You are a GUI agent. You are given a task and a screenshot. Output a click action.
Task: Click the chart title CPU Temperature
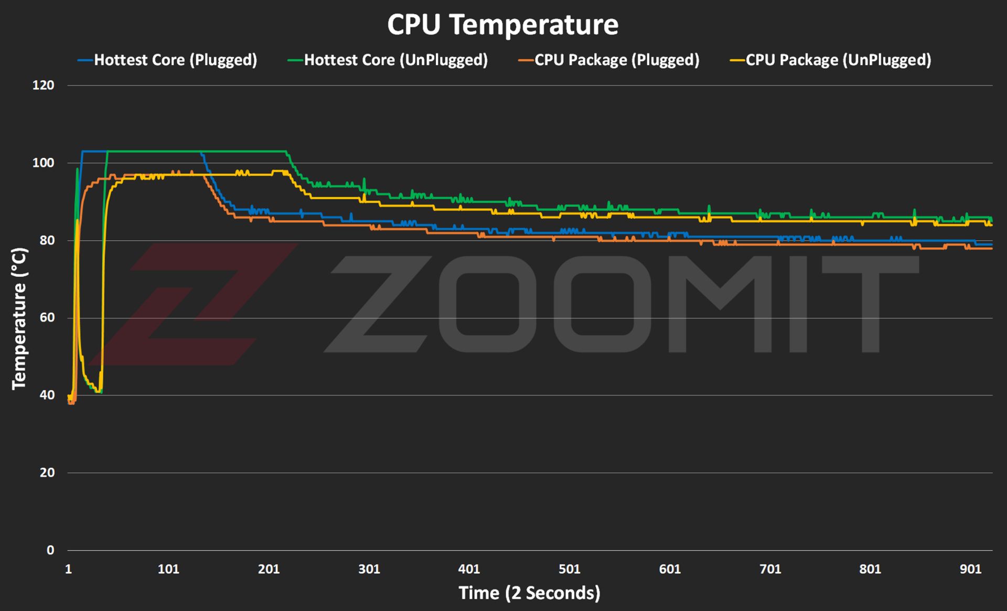(502, 25)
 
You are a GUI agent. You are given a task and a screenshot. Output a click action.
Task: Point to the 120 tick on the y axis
(43, 85)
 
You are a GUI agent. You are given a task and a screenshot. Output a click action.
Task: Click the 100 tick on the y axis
(43, 163)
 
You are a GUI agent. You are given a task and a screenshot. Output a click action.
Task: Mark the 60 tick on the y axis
(47, 318)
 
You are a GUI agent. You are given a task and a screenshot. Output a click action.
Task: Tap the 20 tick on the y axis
(47, 473)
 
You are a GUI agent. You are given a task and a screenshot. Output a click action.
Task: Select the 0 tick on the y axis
(50, 550)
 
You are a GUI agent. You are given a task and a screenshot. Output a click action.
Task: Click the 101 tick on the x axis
(168, 569)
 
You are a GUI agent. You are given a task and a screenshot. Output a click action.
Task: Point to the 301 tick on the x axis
(369, 569)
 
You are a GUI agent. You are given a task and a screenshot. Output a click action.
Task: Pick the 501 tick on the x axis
(569, 569)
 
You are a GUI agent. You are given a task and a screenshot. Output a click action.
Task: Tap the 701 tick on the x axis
(770, 569)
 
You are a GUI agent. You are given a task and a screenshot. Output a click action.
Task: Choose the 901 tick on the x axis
(970, 569)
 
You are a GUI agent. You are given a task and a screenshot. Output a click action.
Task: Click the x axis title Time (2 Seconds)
(529, 593)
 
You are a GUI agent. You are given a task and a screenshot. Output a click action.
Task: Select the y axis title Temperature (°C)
(19, 318)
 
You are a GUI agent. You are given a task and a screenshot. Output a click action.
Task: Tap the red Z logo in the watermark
(194, 304)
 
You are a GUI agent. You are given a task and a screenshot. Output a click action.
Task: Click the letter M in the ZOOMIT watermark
(729, 304)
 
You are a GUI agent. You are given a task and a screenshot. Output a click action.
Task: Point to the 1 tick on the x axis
(68, 569)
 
